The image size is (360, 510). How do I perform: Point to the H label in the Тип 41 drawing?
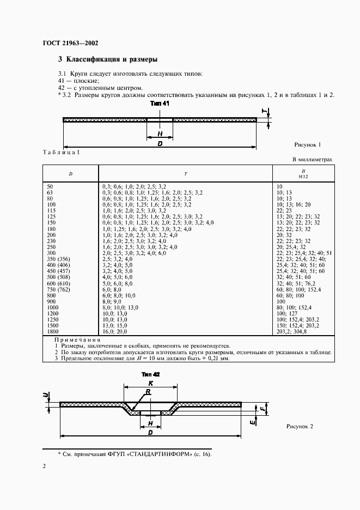click(160, 133)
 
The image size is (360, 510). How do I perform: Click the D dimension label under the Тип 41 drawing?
click(160, 143)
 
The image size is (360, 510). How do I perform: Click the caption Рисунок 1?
click(308, 144)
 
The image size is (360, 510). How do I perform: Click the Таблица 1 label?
click(61, 153)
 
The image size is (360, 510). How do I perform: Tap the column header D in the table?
click(70, 173)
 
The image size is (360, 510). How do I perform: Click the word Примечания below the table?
click(77, 339)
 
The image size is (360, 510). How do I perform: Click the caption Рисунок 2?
click(300, 427)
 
